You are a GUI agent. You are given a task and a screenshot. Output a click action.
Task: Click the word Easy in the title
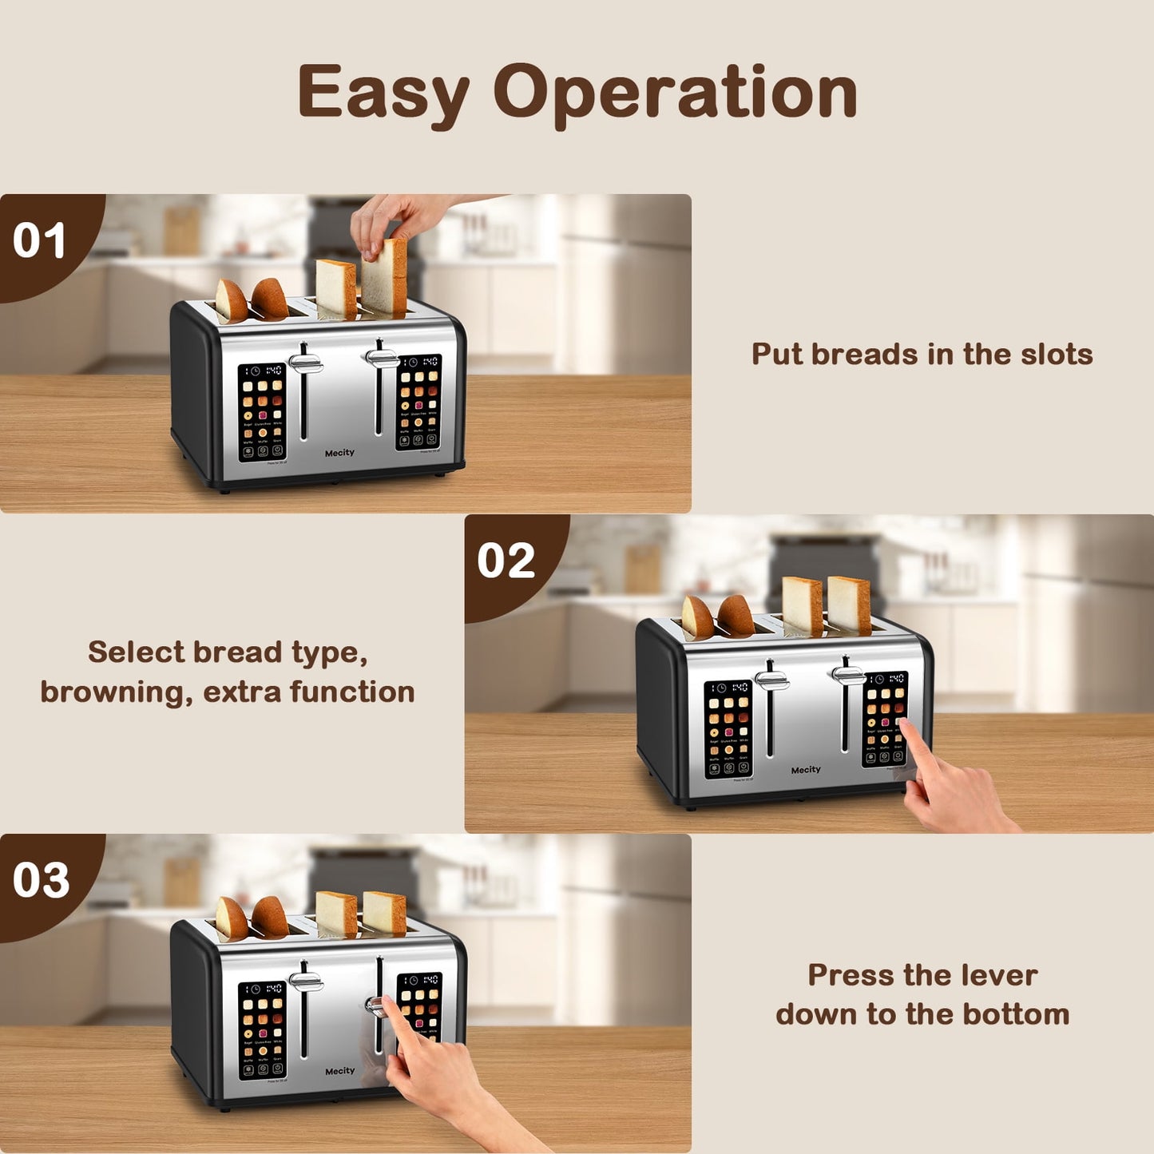(x=383, y=93)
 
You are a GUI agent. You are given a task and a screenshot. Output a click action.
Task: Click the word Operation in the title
(x=675, y=93)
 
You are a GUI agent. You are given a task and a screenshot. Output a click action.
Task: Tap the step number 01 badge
(x=40, y=240)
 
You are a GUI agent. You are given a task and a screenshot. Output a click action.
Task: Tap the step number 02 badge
(x=506, y=561)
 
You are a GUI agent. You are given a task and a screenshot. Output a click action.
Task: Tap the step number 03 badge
(x=41, y=880)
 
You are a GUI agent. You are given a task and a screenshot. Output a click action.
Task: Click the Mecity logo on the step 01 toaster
(x=339, y=453)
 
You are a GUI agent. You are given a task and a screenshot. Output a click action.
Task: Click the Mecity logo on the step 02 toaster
(x=805, y=770)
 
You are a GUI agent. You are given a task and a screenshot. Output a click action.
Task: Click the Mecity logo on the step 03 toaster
(x=339, y=1071)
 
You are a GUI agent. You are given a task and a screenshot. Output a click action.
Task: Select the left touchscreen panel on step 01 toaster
(x=262, y=412)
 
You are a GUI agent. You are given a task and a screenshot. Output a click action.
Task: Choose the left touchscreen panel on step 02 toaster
(x=728, y=728)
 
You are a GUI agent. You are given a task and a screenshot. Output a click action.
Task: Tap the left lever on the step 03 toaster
(x=305, y=981)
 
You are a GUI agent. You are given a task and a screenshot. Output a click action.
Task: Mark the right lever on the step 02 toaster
(x=847, y=675)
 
